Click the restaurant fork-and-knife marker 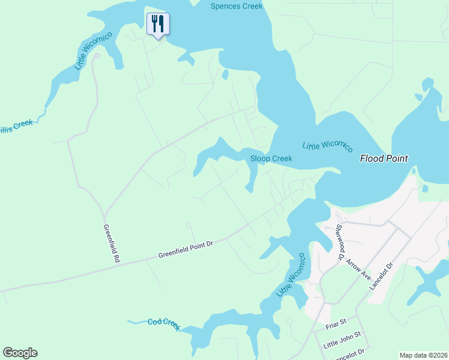(x=158, y=24)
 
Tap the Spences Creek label (x=237, y=7)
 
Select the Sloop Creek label (x=271, y=158)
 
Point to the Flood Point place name (x=384, y=158)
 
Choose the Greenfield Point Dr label (x=185, y=250)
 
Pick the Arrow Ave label (x=359, y=265)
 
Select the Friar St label (x=336, y=323)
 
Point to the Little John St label (x=342, y=340)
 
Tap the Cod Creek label (x=164, y=324)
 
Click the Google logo (x=20, y=353)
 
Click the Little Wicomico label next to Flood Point (x=327, y=146)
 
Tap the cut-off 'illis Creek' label (x=16, y=125)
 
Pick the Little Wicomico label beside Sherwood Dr (x=292, y=275)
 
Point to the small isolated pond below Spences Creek (x=225, y=75)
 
